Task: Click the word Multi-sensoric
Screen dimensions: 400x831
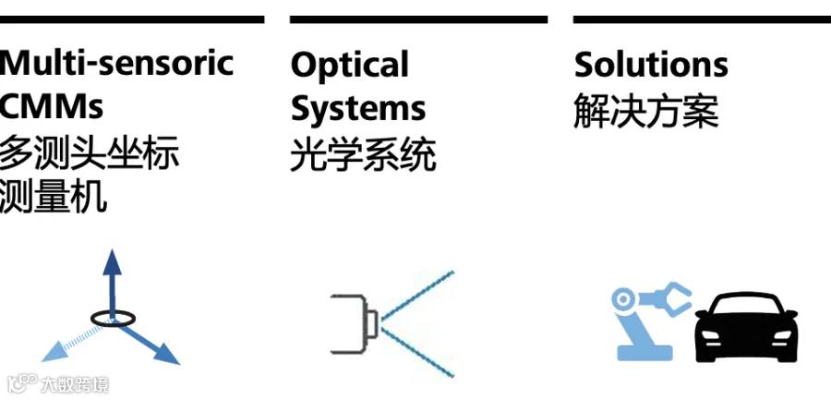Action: tap(116, 64)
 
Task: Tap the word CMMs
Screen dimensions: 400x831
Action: tap(52, 106)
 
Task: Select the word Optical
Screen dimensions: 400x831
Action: tap(349, 65)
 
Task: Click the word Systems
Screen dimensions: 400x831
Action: tap(358, 108)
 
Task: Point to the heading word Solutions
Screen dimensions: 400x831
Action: tap(651, 65)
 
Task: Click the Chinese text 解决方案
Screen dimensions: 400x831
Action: tap(645, 112)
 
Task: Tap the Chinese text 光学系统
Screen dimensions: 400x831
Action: tap(363, 155)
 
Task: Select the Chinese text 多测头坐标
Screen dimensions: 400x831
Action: tap(89, 152)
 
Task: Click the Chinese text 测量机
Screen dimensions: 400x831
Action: tap(54, 196)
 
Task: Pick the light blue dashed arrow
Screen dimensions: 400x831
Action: tap(68, 343)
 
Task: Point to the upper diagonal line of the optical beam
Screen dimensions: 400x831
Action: tap(420, 296)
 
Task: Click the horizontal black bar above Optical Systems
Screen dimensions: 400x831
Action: tap(418, 18)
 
